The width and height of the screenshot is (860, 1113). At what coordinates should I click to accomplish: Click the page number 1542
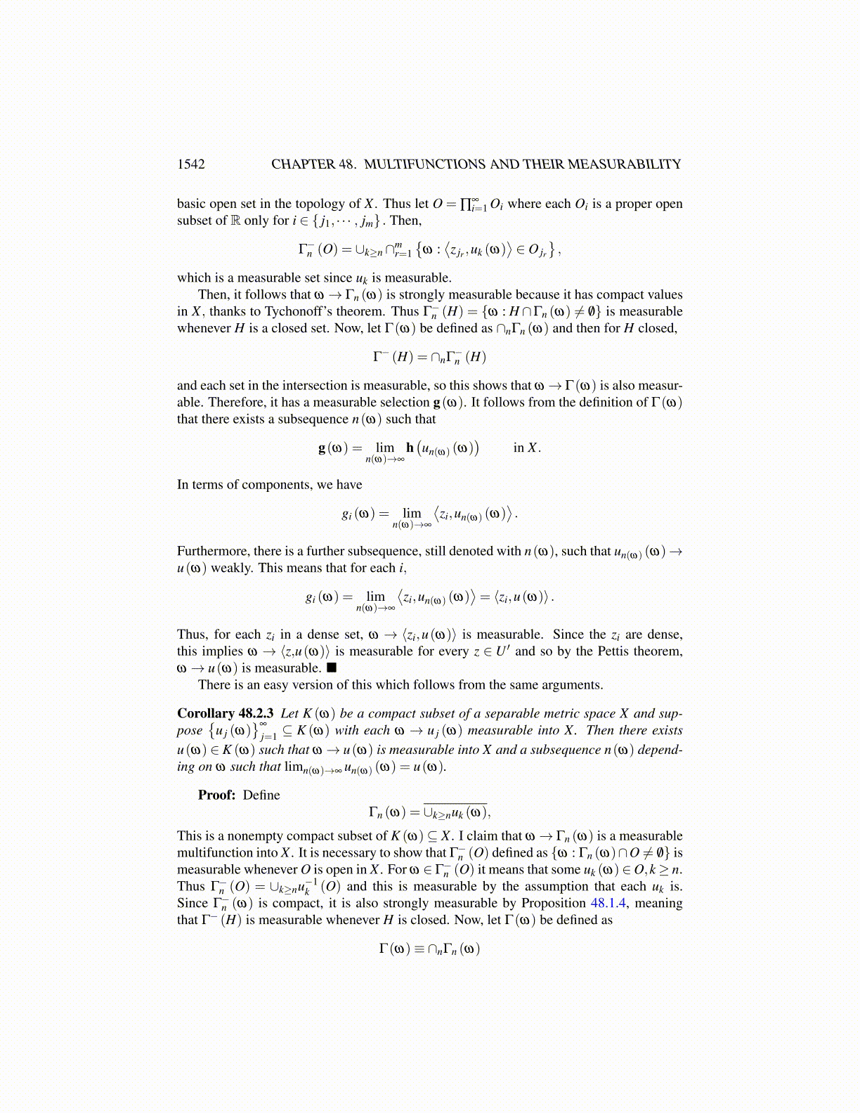(x=191, y=164)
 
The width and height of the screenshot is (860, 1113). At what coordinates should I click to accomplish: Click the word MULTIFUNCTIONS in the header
(x=425, y=164)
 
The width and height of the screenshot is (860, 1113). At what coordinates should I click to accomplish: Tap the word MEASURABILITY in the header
(x=624, y=164)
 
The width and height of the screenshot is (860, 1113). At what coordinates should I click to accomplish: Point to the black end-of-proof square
(x=332, y=668)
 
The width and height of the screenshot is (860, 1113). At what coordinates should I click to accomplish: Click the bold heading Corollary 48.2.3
(x=225, y=713)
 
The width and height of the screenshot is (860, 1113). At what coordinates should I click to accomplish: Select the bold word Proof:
(x=216, y=795)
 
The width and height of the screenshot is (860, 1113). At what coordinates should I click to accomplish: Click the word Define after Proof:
(x=261, y=795)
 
